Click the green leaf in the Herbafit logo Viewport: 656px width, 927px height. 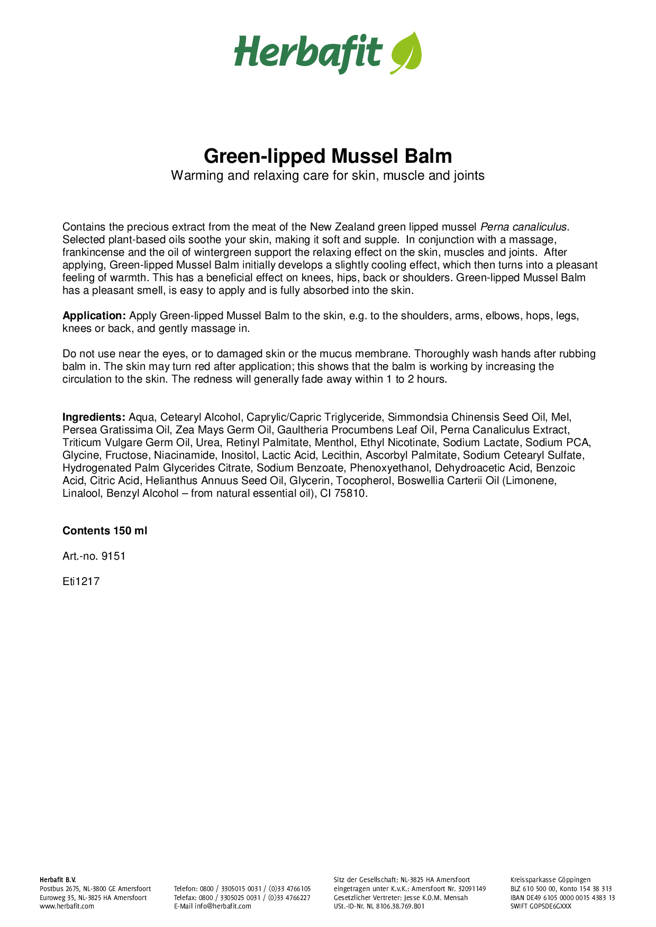tap(406, 52)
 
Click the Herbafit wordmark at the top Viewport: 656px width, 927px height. tap(308, 53)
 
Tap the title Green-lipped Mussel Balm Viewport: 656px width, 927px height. tap(328, 156)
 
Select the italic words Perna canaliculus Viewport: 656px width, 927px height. tap(524, 227)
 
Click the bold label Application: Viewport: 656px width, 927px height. tap(94, 316)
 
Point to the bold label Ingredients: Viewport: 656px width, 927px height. tap(94, 418)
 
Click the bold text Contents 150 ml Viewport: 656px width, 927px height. tap(105, 531)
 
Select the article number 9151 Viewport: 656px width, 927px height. tap(113, 557)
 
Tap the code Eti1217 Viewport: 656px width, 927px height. tap(81, 582)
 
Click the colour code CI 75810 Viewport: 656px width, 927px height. tap(343, 494)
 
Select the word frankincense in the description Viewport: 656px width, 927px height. tap(94, 253)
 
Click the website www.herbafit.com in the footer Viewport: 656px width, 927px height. tap(67, 906)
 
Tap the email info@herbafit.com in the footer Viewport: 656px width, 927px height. tap(223, 906)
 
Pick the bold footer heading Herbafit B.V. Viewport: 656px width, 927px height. tap(58, 880)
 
